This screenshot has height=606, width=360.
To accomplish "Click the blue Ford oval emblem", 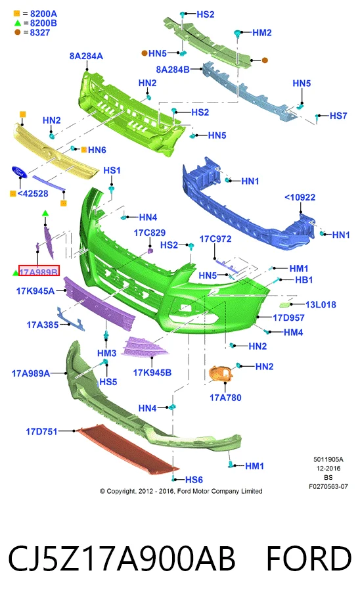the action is click(x=19, y=172).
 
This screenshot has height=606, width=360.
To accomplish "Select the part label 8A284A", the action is click(x=86, y=56).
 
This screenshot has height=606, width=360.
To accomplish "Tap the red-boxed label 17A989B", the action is click(x=39, y=272).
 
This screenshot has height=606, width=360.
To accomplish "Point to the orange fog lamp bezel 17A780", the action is click(x=221, y=375).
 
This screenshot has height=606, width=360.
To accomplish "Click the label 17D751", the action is click(x=42, y=431).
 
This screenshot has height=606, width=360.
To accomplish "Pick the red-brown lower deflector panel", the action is click(x=127, y=449).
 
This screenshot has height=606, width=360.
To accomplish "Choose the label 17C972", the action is click(x=215, y=239).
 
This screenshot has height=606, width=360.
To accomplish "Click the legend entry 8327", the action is click(x=40, y=32).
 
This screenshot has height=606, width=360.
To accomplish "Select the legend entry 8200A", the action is click(x=43, y=14).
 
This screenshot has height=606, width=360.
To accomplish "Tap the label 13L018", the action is click(x=321, y=304).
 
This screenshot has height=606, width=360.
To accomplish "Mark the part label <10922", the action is click(x=300, y=197).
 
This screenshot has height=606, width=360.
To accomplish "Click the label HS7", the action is click(x=338, y=116).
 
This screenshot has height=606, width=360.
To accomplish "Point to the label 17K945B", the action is click(x=152, y=373).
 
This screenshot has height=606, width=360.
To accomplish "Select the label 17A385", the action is click(x=43, y=325).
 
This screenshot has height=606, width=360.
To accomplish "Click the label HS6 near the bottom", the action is click(x=194, y=480).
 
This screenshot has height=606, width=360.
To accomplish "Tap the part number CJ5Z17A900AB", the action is click(x=122, y=559).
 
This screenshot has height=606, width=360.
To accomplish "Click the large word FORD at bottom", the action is click(x=309, y=559).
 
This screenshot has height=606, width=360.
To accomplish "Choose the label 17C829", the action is click(x=150, y=233).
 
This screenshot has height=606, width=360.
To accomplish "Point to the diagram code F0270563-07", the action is click(x=328, y=486).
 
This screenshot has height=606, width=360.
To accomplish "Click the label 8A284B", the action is click(x=173, y=70).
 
